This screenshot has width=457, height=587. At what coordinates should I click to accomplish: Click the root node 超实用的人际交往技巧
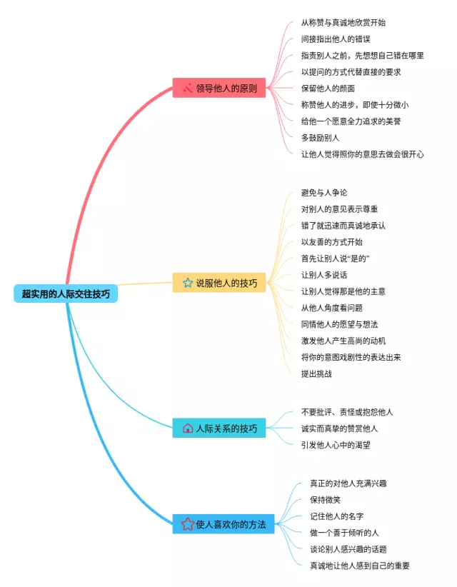pyautogui.click(x=66, y=293)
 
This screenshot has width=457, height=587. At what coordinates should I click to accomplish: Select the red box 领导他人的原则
pyautogui.click(x=219, y=88)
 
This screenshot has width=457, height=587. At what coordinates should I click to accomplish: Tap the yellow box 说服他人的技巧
pyautogui.click(x=219, y=283)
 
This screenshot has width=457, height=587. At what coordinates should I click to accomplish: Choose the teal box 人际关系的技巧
pyautogui.click(x=219, y=428)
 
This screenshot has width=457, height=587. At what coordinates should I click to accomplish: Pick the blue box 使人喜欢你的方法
pyautogui.click(x=224, y=523)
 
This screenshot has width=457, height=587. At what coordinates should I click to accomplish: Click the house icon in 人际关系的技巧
pyautogui.click(x=188, y=428)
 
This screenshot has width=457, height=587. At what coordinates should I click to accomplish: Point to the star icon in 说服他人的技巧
pyautogui.click(x=188, y=283)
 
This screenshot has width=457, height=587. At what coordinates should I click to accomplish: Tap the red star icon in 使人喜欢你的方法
pyautogui.click(x=188, y=523)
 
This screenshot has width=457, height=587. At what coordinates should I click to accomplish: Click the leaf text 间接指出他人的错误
pyautogui.click(x=336, y=39)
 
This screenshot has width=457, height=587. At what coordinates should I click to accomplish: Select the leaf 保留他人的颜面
pyautogui.click(x=328, y=89)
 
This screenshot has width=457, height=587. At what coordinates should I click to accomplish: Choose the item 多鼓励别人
pyautogui.click(x=320, y=138)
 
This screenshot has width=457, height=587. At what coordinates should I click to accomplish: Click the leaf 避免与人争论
pyautogui.click(x=324, y=192)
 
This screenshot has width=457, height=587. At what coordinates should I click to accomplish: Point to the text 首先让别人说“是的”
pyautogui.click(x=336, y=259)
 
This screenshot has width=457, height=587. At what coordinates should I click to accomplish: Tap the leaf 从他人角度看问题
pyautogui.click(x=331, y=308)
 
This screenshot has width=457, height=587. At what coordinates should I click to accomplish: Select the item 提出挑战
pyautogui.click(x=316, y=373)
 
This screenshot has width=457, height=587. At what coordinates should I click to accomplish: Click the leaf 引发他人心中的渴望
pyautogui.click(x=336, y=445)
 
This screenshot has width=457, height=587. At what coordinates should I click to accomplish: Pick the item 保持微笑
pyautogui.click(x=325, y=500)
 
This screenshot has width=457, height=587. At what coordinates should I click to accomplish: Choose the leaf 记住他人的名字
pyautogui.click(x=337, y=516)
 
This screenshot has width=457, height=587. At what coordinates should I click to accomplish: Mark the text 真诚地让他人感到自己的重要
pyautogui.click(x=360, y=566)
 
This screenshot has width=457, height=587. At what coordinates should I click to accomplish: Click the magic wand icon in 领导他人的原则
pyautogui.click(x=188, y=88)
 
